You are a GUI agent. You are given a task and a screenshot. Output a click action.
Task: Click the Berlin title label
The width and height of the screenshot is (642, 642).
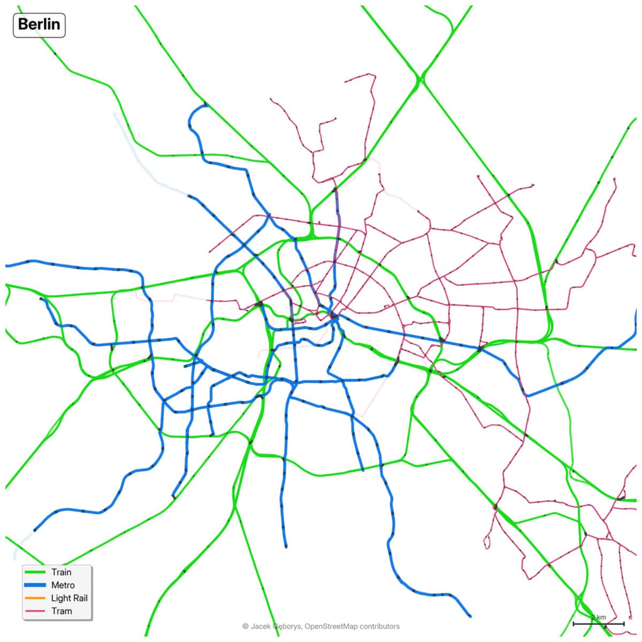click(39, 25)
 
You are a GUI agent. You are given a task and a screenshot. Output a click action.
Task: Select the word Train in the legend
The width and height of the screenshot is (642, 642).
click(61, 572)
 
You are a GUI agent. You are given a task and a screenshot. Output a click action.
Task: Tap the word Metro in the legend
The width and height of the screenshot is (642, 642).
click(63, 585)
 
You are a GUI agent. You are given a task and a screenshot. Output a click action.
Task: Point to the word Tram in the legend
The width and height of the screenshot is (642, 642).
click(61, 611)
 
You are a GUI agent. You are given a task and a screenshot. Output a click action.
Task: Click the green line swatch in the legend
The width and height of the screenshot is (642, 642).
click(35, 572)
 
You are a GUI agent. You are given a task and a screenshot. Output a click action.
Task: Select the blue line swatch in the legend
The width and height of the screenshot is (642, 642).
click(35, 585)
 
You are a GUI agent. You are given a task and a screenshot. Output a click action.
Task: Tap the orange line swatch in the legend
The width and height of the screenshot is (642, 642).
click(35, 598)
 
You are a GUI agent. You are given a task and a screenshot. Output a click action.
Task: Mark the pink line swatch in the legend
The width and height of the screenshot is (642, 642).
click(35, 611)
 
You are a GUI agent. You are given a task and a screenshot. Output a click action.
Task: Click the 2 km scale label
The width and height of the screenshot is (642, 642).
click(599, 617)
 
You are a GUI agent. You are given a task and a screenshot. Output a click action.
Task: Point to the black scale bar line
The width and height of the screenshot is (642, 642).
click(599, 624)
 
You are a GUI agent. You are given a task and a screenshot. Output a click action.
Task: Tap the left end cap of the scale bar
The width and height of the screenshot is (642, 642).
click(574, 624)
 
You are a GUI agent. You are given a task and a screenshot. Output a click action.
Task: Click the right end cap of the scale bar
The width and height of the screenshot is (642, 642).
click(624, 624)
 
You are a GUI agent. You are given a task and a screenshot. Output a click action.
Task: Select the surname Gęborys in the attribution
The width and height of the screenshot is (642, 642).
click(286, 626)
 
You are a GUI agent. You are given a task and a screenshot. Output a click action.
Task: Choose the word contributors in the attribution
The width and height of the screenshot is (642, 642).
click(379, 626)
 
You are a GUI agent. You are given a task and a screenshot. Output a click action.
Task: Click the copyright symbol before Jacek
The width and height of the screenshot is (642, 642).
click(245, 626)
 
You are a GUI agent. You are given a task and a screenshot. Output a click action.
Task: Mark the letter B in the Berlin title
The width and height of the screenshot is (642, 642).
click(23, 25)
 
